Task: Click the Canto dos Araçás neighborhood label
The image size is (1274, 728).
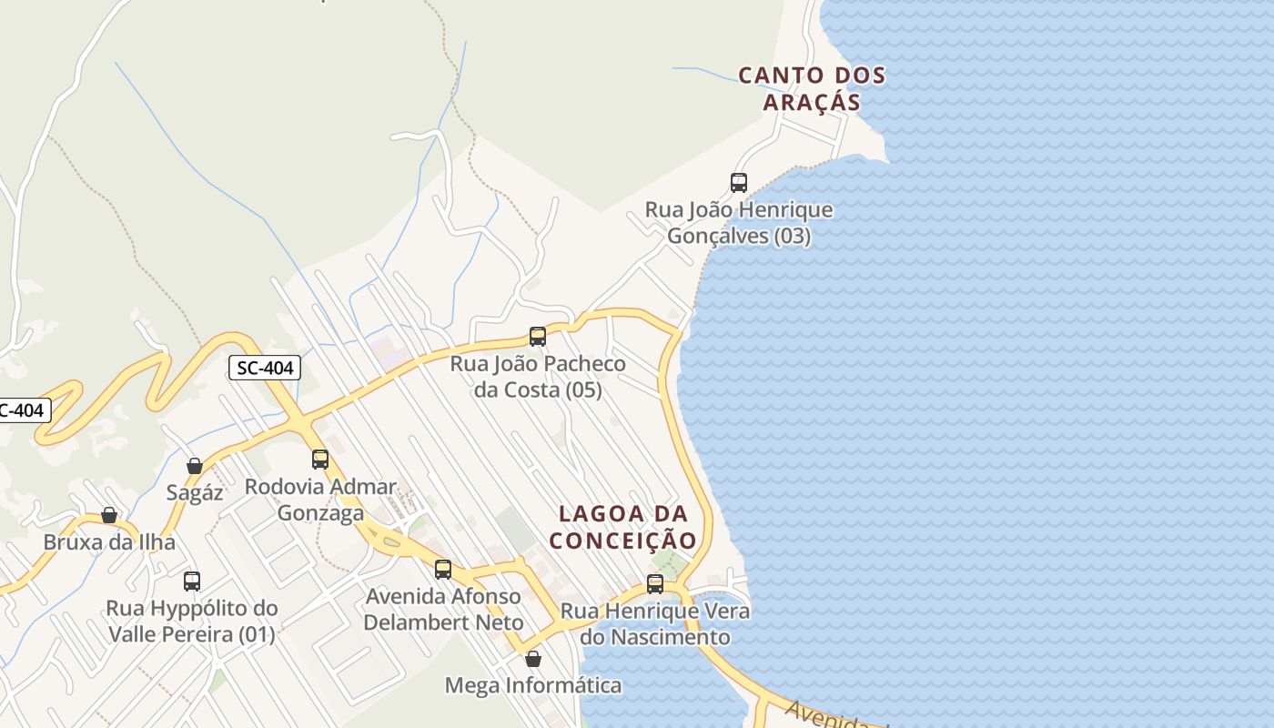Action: [x=811, y=88]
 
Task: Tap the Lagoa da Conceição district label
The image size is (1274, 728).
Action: [x=623, y=527]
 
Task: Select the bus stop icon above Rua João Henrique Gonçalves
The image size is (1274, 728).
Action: [x=739, y=183]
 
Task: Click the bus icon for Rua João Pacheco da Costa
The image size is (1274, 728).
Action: [x=538, y=337]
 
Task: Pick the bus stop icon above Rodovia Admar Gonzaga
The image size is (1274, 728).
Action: [x=320, y=460]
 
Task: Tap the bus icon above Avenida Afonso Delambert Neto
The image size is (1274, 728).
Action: [x=443, y=570]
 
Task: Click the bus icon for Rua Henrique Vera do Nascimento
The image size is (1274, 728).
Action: [x=655, y=584]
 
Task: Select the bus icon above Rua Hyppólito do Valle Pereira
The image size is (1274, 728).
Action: [x=192, y=581]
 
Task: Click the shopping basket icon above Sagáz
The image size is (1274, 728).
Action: [x=195, y=466]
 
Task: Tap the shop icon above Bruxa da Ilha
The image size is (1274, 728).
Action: [x=109, y=516]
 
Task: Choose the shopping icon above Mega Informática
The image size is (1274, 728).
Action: [x=533, y=659]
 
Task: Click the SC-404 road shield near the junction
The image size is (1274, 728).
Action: [x=265, y=368]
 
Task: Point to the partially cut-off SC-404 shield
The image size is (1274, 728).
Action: [x=22, y=410]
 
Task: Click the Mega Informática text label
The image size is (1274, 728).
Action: [x=533, y=685]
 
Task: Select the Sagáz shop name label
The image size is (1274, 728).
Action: [x=195, y=492]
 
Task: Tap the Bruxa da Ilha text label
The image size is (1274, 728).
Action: [x=109, y=542]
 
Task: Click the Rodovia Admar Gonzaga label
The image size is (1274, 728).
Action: [x=320, y=500]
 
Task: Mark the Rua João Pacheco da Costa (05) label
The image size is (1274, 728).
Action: [x=538, y=377]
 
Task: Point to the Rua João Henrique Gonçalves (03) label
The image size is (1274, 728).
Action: [x=739, y=223]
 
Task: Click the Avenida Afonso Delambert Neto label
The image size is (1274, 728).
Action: [x=443, y=610]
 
